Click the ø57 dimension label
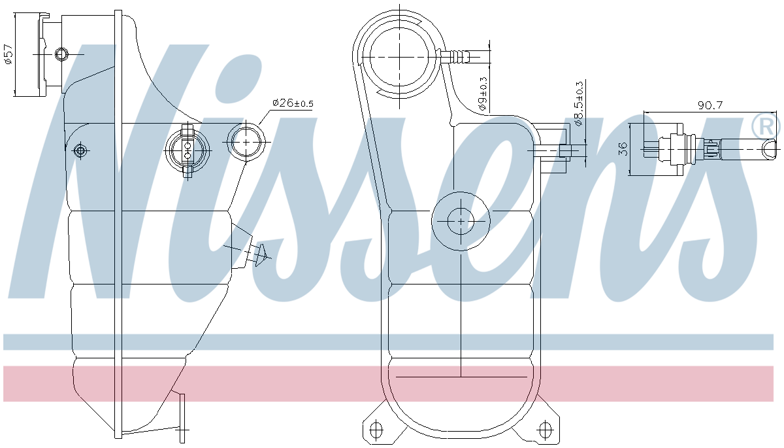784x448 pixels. tap(8, 54)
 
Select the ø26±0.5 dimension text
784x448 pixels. tap(292, 103)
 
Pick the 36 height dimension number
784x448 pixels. tap(622, 149)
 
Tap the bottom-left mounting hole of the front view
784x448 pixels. tap(376, 430)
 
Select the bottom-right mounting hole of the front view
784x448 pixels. tap(544, 430)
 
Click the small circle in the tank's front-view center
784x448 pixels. tap(461, 221)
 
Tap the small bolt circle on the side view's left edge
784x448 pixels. tap(80, 151)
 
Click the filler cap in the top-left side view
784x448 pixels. tap(29, 54)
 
